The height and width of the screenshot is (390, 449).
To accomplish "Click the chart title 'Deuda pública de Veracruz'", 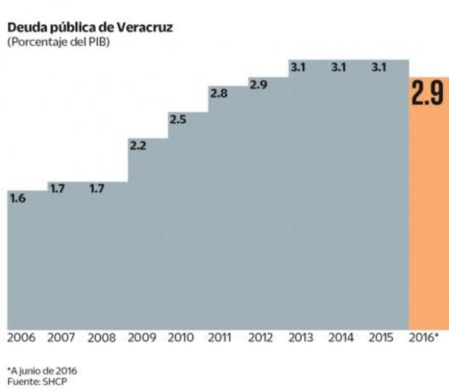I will click(x=90, y=28).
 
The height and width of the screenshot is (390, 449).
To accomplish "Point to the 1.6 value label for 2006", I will click(x=18, y=199).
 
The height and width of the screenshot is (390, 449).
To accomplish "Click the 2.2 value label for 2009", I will click(x=138, y=146).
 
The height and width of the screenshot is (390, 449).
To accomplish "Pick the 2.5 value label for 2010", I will click(x=178, y=120).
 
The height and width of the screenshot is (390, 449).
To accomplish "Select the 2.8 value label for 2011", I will click(x=218, y=94).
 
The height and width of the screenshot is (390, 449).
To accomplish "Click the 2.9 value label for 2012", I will click(x=258, y=84).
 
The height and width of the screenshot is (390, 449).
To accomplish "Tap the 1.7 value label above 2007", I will click(x=57, y=188).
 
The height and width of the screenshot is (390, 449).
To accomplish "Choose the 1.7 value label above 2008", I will click(x=97, y=188).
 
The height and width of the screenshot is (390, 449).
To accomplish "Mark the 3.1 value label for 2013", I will click(x=297, y=67).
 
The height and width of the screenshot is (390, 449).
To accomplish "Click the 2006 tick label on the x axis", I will click(x=23, y=338).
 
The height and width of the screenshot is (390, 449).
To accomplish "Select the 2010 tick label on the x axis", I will click(x=182, y=338).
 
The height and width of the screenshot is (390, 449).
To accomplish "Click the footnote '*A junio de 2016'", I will click(x=42, y=370).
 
